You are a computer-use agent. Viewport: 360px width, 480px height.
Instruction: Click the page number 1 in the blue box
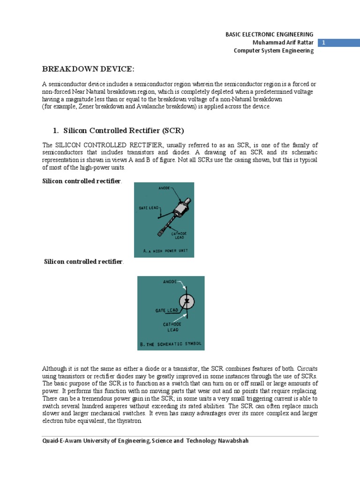[x=323, y=43]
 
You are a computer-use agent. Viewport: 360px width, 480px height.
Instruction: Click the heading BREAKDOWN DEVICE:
[x=88, y=69]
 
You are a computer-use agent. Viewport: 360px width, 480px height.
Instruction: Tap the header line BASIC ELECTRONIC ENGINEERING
[x=269, y=34]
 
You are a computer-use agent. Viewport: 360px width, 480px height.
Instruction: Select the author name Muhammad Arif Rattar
[x=283, y=43]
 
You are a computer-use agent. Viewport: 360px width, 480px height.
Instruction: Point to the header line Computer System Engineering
[x=274, y=51]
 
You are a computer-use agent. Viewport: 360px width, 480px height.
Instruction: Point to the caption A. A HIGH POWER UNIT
[x=165, y=251]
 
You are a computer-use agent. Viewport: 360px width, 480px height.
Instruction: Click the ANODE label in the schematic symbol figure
[x=170, y=282]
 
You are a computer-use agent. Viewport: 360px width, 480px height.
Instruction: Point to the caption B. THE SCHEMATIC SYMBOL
[x=170, y=344]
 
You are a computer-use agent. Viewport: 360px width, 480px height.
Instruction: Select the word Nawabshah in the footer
[x=233, y=441]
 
